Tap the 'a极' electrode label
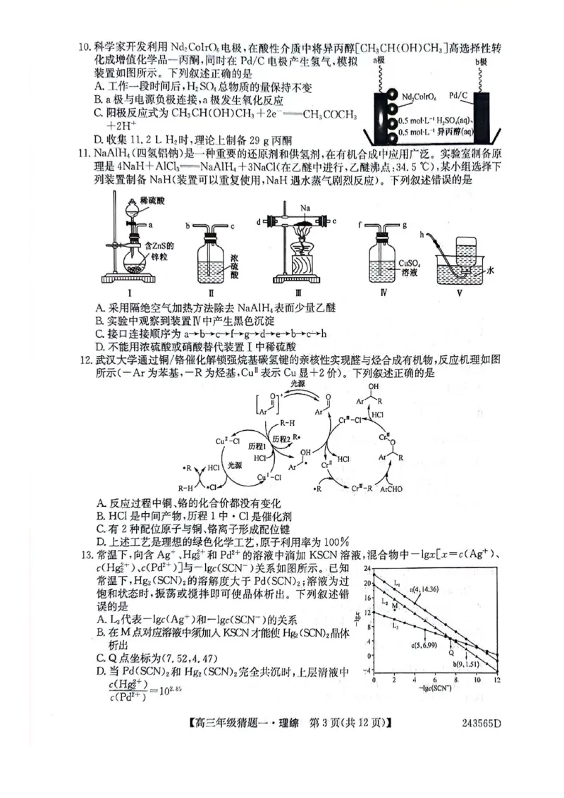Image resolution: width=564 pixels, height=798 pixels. [x=379, y=63]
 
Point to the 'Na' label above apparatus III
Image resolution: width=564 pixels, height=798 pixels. [x=305, y=209]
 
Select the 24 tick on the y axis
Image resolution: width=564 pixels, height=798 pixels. [x=366, y=567]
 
